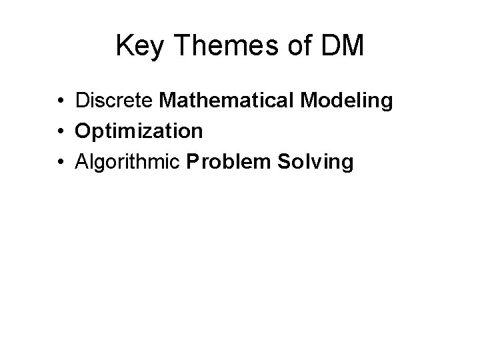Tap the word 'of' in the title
(x=304, y=46)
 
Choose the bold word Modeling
(x=346, y=101)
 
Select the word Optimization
(x=139, y=131)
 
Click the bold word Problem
(x=227, y=161)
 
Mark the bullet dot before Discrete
(x=60, y=102)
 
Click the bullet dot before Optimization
(x=60, y=132)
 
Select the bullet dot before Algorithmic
(x=60, y=162)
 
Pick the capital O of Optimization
(x=83, y=131)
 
